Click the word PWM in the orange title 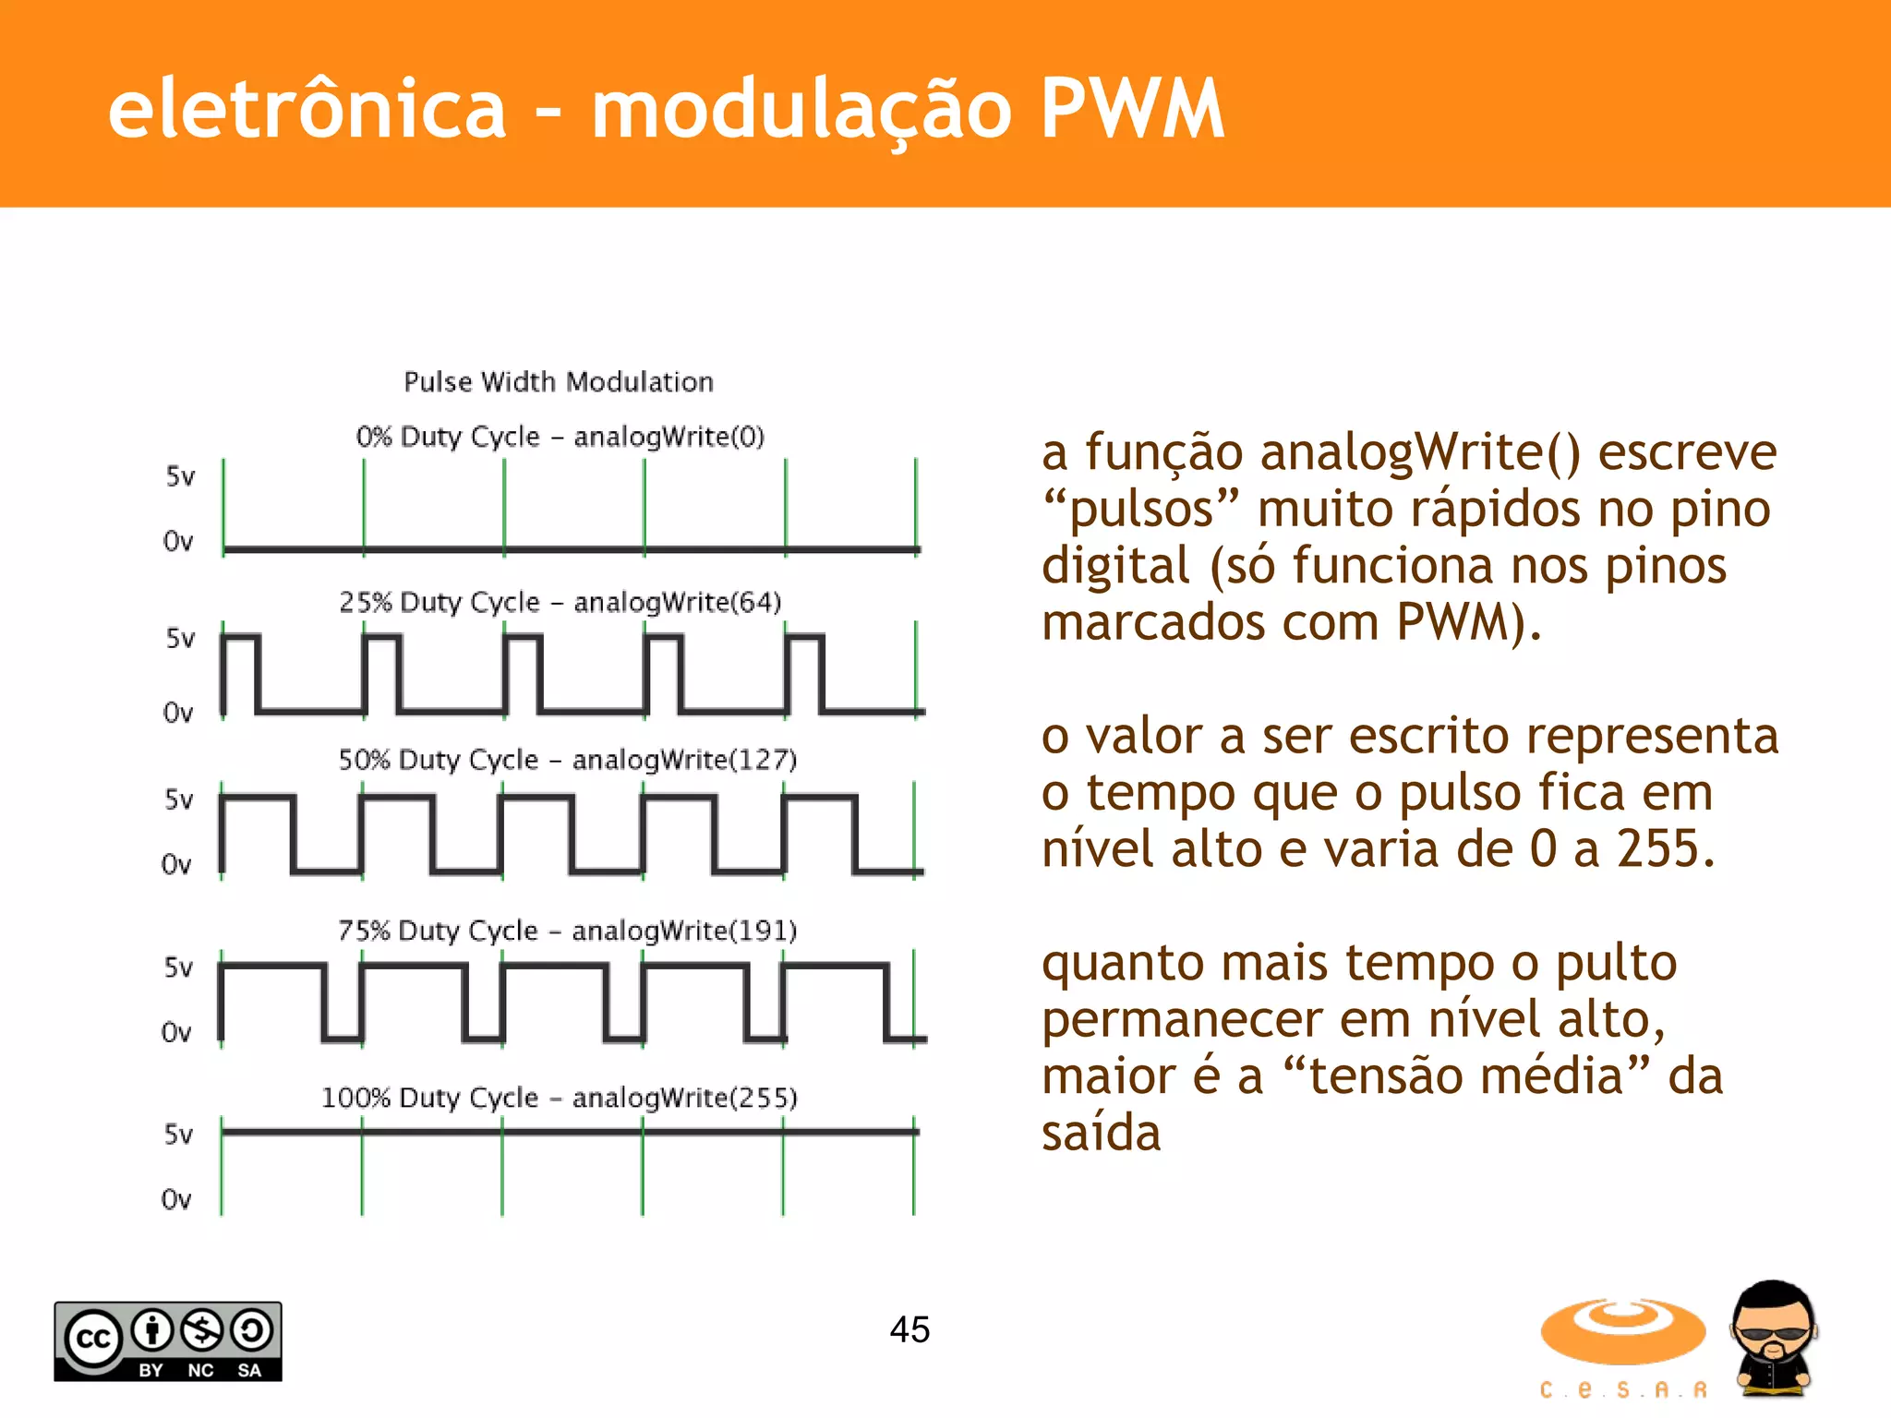[x=1132, y=109]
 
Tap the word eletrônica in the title [x=307, y=109]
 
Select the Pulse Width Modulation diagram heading [x=559, y=382]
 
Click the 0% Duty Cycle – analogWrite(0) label [x=560, y=436]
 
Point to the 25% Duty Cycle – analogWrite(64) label [x=560, y=602]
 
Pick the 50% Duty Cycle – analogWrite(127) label [x=567, y=760]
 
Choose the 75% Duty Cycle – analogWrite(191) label [x=567, y=931]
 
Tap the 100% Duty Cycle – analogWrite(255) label [x=559, y=1098]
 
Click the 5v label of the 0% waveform [x=180, y=476]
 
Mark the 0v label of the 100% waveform [x=176, y=1199]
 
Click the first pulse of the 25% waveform [x=241, y=672]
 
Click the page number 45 [x=909, y=1329]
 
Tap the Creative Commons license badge [x=168, y=1341]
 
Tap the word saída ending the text [x=1101, y=1133]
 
